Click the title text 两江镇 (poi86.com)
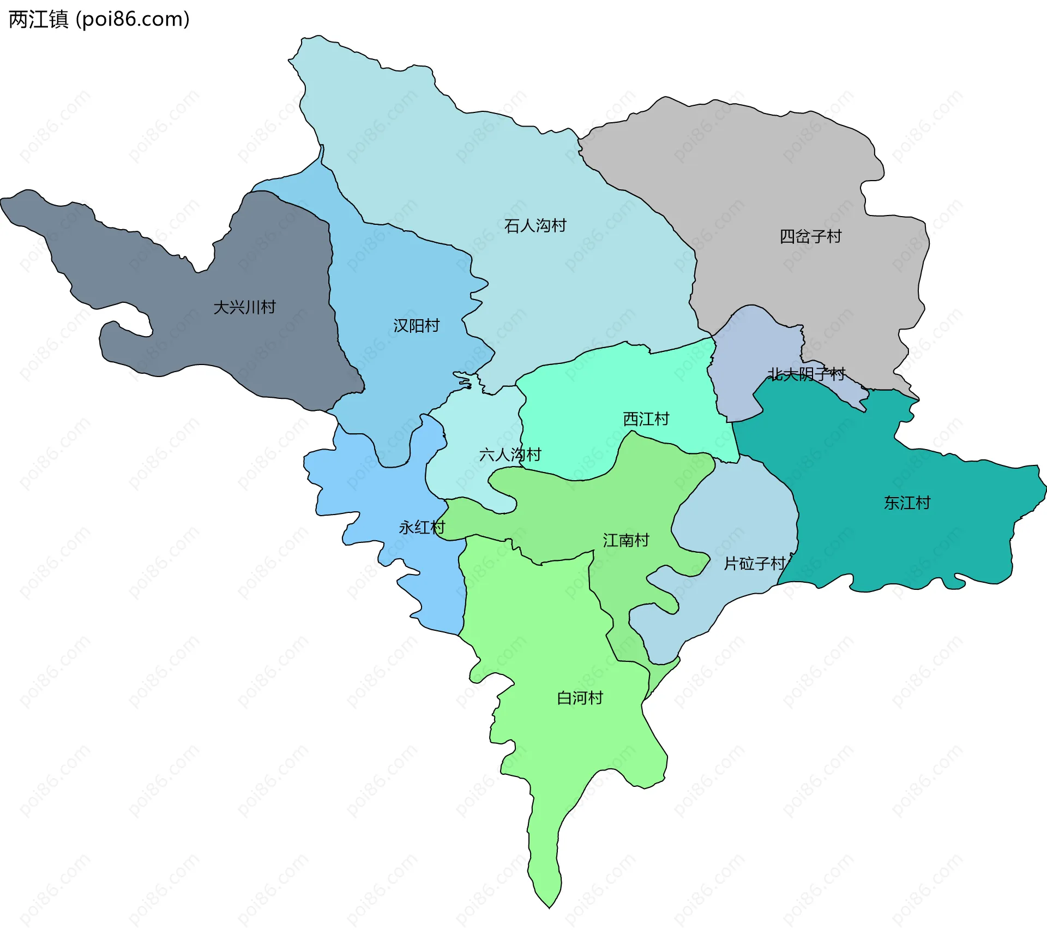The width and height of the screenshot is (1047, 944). pos(99,20)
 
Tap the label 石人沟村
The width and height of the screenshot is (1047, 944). pos(535,225)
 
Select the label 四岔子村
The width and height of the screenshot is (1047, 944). pos(810,236)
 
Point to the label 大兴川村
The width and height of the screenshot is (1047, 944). pos(244,307)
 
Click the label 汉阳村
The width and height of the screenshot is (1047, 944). pos(417,326)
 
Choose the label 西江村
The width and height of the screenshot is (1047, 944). pos(646,419)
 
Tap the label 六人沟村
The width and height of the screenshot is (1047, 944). pos(510,455)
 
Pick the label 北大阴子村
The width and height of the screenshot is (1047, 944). pos(807,374)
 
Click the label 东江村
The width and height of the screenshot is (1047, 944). pos(907,503)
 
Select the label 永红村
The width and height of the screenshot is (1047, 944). pos(422,527)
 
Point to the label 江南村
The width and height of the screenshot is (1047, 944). pos(626,540)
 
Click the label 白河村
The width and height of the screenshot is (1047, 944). pos(580,698)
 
